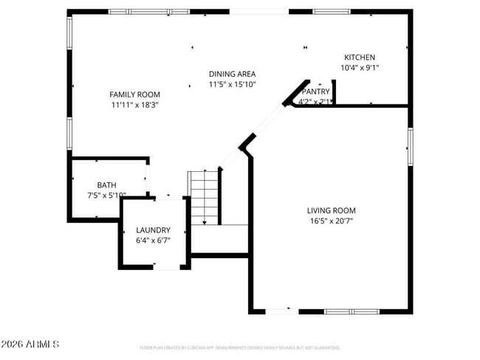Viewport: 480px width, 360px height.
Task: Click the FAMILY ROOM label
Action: click(x=134, y=94)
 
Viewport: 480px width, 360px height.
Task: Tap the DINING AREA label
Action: click(x=232, y=74)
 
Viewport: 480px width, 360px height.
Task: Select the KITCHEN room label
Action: click(x=360, y=58)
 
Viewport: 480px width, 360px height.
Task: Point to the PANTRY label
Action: click(x=315, y=91)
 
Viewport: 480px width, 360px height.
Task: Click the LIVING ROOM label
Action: click(x=332, y=210)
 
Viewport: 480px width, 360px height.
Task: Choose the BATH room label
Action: click(x=106, y=185)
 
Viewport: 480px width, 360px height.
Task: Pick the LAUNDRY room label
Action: click(x=153, y=230)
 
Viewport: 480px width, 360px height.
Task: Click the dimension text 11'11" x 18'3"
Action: click(x=134, y=105)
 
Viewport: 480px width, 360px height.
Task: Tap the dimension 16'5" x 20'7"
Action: click(x=332, y=221)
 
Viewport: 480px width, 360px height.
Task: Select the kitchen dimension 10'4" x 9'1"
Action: click(x=360, y=68)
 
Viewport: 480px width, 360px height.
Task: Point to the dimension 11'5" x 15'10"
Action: click(x=232, y=85)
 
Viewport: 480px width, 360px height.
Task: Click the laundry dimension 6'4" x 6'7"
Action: click(x=153, y=240)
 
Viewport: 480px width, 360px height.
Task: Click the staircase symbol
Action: click(x=205, y=196)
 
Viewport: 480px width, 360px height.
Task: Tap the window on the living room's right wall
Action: click(x=409, y=144)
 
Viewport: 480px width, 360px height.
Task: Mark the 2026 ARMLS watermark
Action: click(x=30, y=345)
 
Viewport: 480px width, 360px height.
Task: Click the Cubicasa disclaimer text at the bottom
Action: click(x=240, y=347)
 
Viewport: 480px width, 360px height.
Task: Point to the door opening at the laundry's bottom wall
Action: click(x=166, y=268)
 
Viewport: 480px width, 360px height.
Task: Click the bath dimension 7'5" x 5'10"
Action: click(x=106, y=195)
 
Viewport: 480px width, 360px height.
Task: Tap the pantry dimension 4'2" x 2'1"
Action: click(x=314, y=102)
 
